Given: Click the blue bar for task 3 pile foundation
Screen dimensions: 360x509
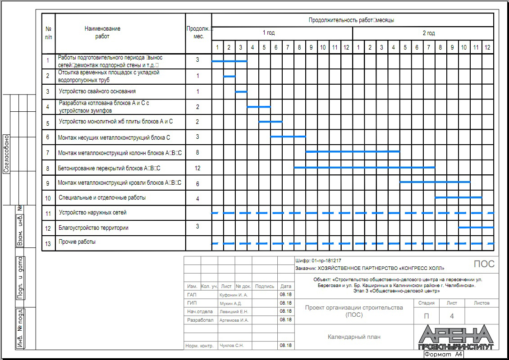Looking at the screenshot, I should click(241, 91).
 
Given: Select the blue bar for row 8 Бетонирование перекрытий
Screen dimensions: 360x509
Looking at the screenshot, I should click(364, 167).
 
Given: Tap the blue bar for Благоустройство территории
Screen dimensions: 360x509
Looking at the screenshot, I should click(476, 227).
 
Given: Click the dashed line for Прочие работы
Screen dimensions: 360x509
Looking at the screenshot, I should click(353, 243).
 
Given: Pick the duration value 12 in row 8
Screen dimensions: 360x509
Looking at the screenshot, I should click(197, 168).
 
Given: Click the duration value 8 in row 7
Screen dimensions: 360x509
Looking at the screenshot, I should click(197, 152).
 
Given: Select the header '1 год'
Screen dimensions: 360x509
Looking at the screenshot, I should click(269, 33).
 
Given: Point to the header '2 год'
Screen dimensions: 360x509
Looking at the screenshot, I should click(428, 33).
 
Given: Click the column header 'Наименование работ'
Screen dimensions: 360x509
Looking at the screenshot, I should click(102, 32).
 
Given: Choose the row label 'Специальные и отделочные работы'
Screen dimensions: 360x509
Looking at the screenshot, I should click(102, 198).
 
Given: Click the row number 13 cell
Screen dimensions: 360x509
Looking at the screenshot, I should click(48, 243).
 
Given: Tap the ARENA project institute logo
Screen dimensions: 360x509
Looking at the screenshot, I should click(456, 337).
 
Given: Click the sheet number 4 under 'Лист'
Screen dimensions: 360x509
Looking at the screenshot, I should click(452, 316).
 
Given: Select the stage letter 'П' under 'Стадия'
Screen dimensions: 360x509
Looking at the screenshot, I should click(426, 316).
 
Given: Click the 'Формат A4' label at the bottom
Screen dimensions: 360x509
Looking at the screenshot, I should click(443, 355).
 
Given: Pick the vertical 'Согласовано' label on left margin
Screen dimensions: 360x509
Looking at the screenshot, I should click(7, 153).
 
